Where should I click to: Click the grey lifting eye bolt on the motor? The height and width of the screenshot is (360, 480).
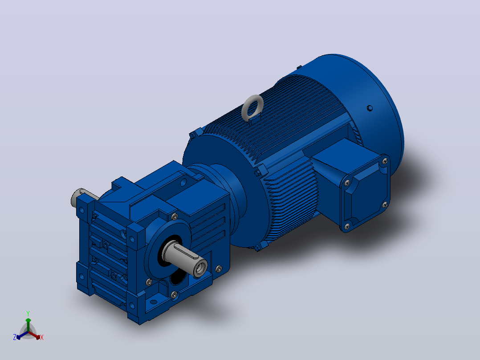pos(253,107)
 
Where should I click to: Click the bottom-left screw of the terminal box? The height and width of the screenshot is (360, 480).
pos(347,226)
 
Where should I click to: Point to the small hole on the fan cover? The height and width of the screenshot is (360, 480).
pos(370,108)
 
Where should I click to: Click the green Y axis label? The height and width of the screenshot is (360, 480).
pos(28,313)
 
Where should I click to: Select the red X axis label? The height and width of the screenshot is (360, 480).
pos(42,337)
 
